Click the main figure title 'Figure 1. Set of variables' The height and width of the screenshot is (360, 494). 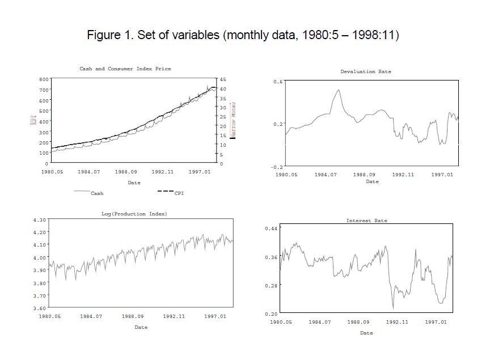[x=243, y=35]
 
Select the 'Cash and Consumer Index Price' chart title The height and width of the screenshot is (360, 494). [x=125, y=69]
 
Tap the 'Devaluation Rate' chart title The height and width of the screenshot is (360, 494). [x=365, y=71]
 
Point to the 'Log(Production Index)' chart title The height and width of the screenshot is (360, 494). [x=134, y=214]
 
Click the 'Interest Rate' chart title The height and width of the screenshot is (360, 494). [x=366, y=221]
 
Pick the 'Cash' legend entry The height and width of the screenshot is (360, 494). [x=97, y=193]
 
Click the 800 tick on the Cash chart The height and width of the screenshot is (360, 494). [x=43, y=79]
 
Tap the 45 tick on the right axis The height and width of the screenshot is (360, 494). [x=223, y=79]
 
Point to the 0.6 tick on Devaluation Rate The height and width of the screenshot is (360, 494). [x=278, y=82]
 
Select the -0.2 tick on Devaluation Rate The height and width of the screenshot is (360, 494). [x=277, y=167]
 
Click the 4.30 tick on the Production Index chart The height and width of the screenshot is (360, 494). [x=40, y=219]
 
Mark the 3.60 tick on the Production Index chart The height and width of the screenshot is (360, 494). [x=40, y=308]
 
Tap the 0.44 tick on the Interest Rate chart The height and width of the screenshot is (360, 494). [x=271, y=228]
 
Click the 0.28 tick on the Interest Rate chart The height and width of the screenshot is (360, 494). [x=271, y=285]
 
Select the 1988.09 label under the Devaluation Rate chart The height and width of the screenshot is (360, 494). [x=364, y=175]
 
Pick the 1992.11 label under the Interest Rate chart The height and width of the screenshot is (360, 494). [x=396, y=322]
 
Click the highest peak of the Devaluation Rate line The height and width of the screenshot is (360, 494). [x=339, y=90]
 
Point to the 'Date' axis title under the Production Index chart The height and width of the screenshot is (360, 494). [x=141, y=327]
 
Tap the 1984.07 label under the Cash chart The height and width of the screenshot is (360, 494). [x=88, y=171]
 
